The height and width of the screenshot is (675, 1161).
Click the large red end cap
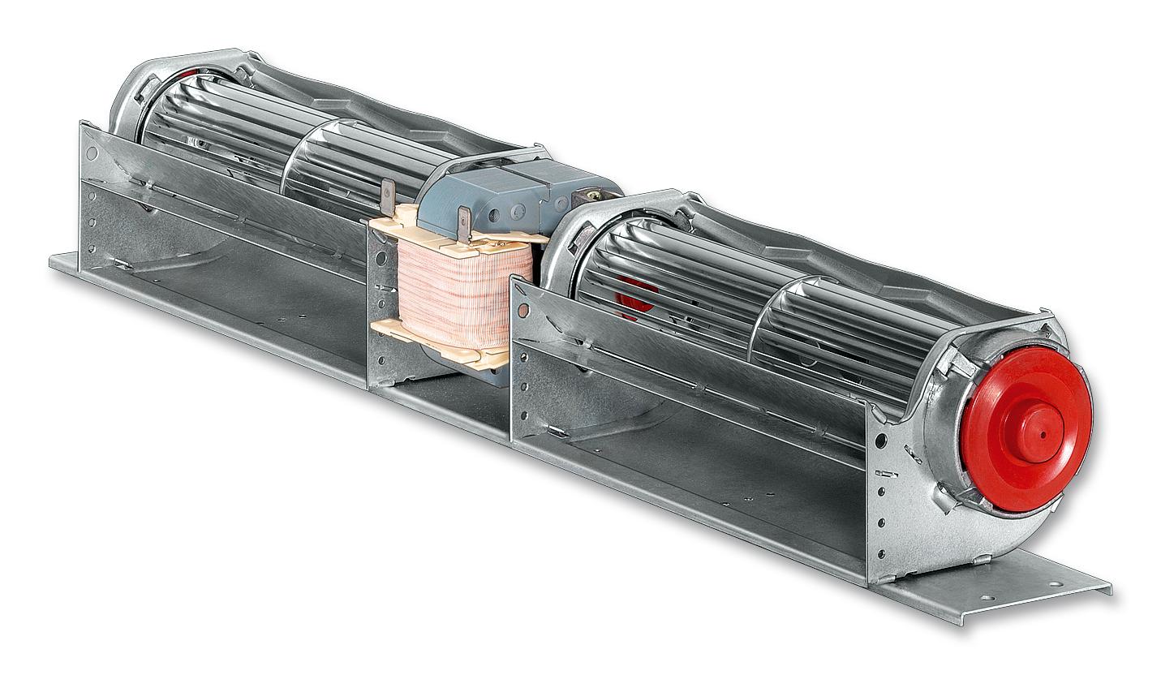click(1024, 426)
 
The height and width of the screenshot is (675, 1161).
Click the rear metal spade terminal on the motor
click(388, 196)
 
